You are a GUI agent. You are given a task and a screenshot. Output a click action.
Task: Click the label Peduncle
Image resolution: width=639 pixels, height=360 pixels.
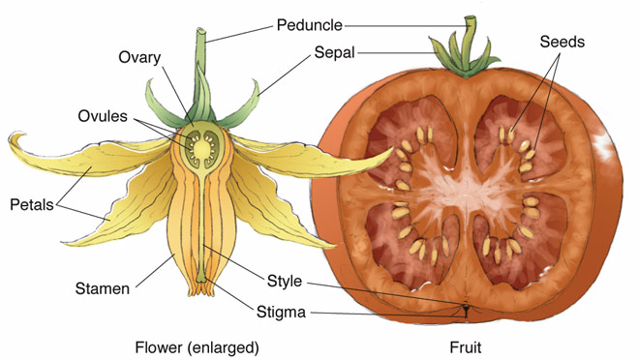(311, 23)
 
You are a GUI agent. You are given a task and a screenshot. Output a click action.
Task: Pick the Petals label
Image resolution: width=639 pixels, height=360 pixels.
(32, 205)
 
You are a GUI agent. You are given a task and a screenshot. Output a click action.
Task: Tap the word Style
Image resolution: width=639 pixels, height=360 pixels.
(285, 282)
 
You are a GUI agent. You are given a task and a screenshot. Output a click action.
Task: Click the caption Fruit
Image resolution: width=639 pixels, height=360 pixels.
(466, 345)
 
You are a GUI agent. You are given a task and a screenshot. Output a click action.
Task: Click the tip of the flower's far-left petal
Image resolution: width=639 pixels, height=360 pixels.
(13, 137)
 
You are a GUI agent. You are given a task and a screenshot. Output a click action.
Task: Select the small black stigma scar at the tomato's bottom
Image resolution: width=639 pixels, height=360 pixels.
(466, 312)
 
